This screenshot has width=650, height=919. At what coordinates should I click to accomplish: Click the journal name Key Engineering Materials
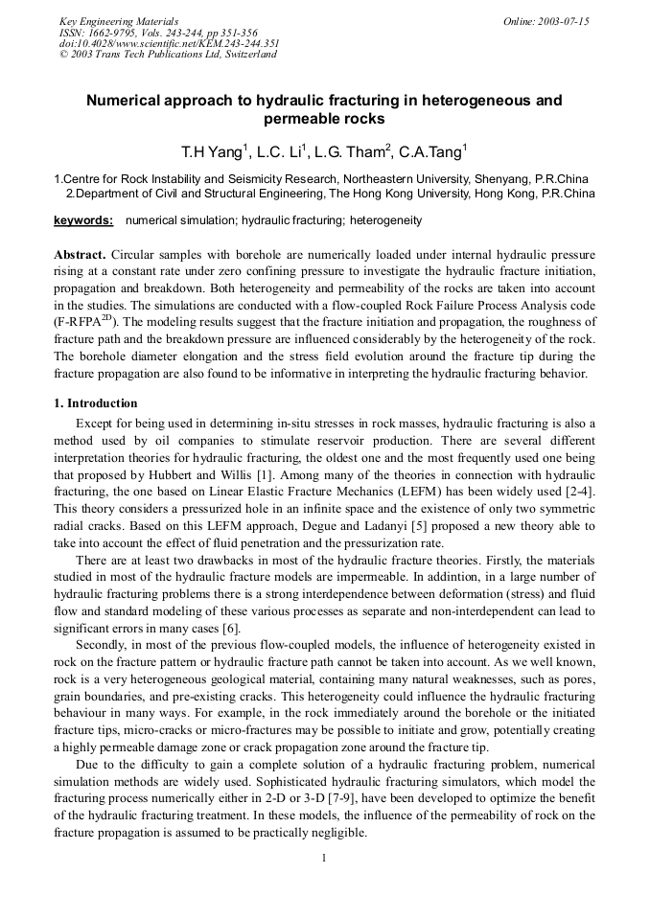click(118, 21)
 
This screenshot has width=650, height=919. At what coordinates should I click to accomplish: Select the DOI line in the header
click(169, 43)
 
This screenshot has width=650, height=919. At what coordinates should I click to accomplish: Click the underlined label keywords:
click(83, 220)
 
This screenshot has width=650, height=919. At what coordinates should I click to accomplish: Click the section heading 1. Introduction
click(96, 403)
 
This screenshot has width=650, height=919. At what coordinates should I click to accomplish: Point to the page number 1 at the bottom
click(324, 857)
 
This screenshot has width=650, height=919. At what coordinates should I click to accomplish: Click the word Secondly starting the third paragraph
click(103, 646)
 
